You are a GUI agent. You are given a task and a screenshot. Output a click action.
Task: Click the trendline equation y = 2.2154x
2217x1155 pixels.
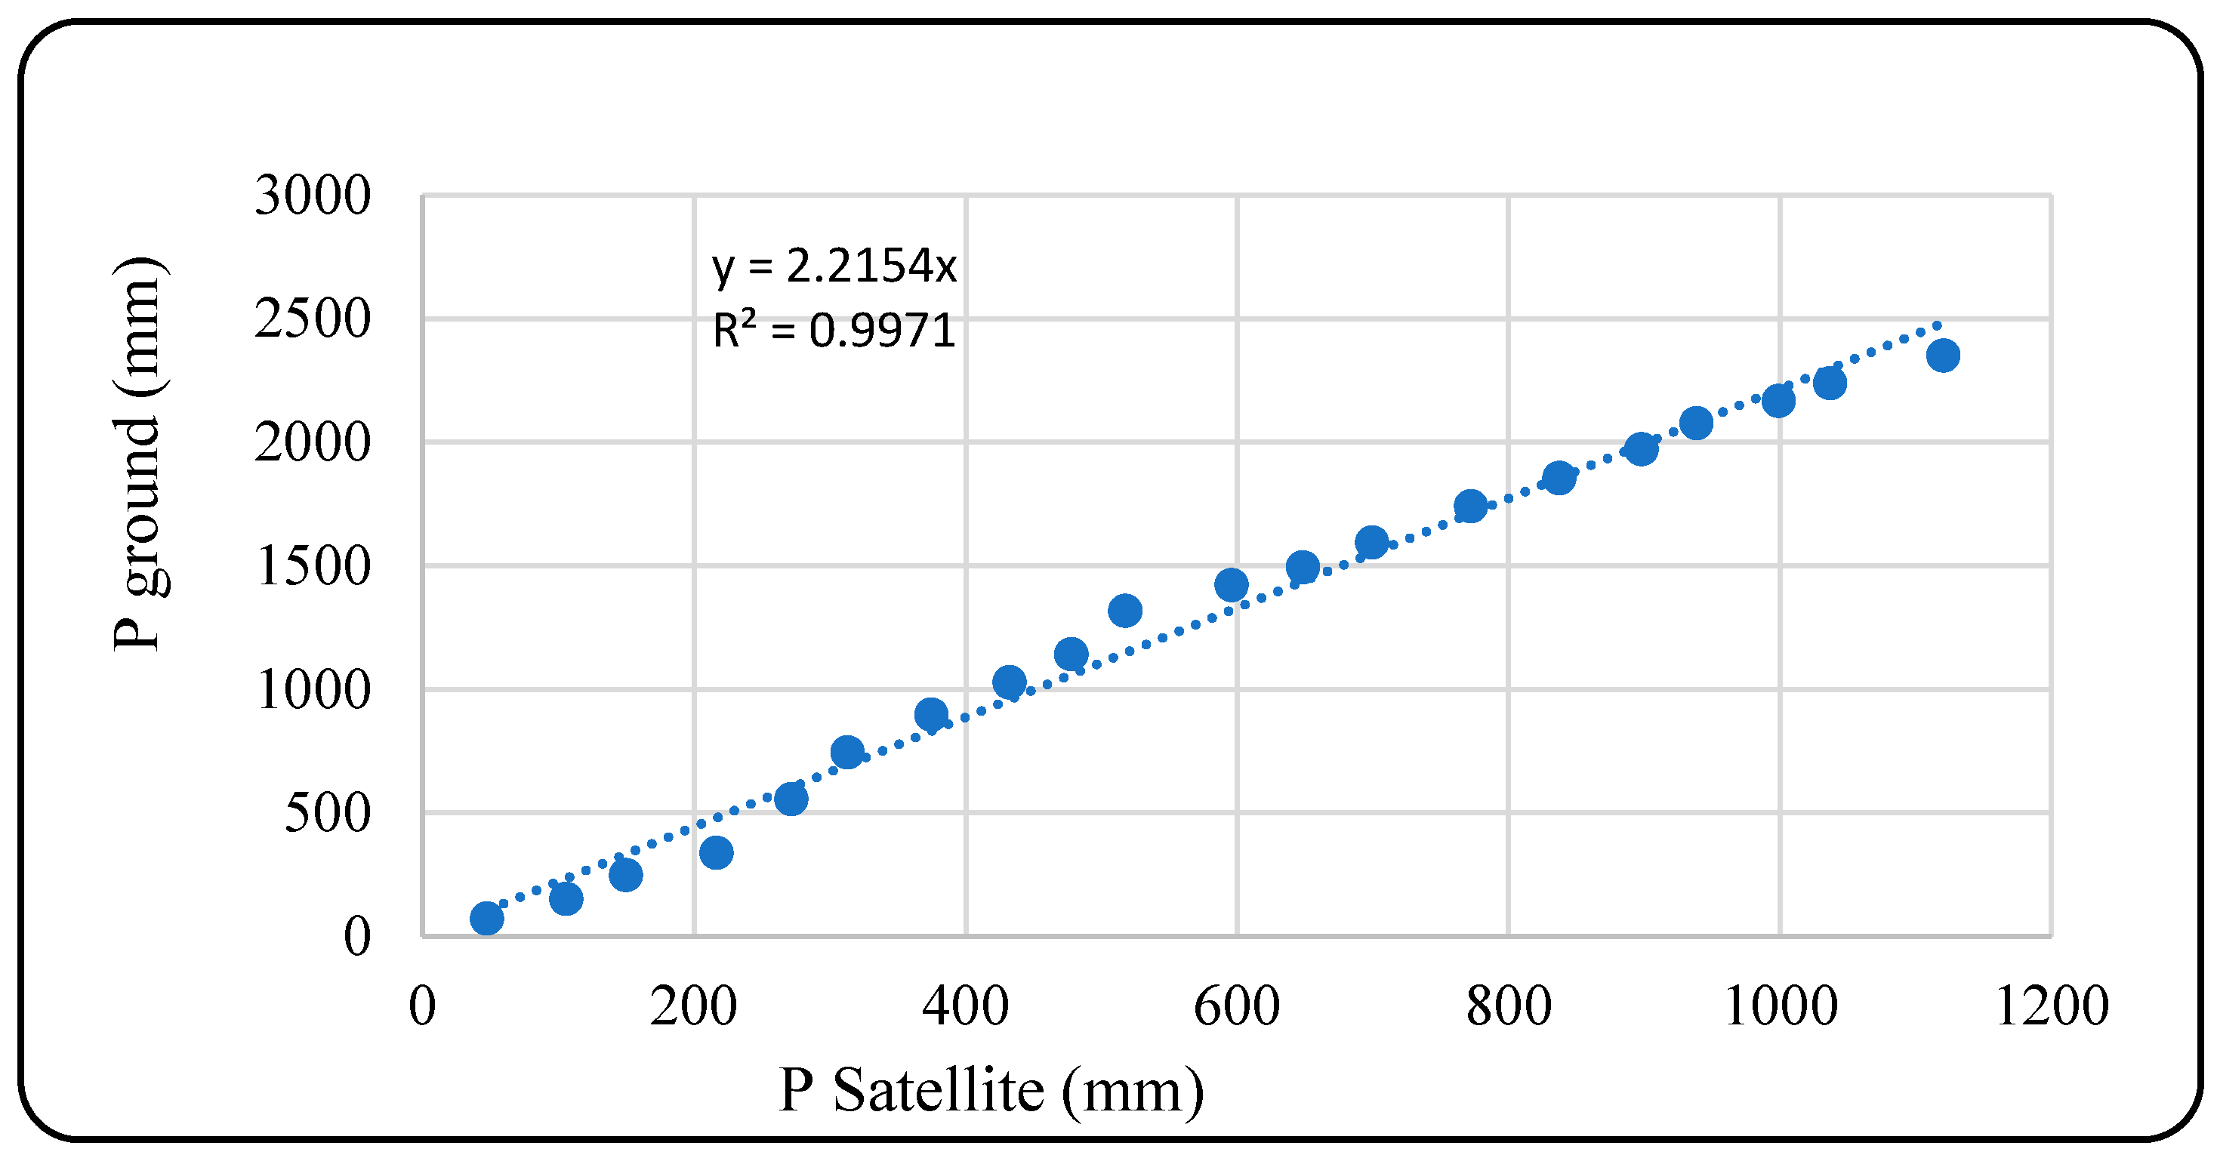pos(833,266)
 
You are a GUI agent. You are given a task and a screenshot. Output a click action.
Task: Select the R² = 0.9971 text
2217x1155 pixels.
pos(833,331)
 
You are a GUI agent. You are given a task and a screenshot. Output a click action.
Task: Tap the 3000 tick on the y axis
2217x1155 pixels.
pos(313,196)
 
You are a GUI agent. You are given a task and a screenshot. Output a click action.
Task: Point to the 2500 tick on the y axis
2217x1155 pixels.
pos(313,319)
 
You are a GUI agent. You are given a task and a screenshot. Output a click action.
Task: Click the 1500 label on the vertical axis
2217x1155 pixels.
pos(313,566)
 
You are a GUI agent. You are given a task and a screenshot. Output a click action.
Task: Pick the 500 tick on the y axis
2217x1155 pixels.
pos(327,812)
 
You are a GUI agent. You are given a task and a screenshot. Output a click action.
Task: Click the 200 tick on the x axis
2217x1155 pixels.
pos(693,1006)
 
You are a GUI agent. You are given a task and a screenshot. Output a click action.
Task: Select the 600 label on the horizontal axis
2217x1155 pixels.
pos(1236,1006)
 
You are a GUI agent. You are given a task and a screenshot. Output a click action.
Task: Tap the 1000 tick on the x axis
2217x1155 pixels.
pos(1780,1006)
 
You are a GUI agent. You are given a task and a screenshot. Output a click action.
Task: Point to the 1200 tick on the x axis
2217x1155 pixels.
pos(2051,1006)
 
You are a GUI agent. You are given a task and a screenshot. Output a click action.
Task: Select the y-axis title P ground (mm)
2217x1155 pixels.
pos(137,454)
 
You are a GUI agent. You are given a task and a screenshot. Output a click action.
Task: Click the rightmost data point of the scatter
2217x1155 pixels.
pos(1942,356)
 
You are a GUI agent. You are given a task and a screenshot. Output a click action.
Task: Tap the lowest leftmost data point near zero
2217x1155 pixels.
pos(486,918)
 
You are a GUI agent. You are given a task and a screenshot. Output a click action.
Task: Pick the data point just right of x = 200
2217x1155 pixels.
pos(716,853)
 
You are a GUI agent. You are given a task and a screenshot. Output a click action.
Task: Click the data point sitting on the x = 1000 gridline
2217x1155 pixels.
pos(1778,401)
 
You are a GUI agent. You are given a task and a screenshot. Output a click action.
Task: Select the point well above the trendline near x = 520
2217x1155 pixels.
pos(1125,611)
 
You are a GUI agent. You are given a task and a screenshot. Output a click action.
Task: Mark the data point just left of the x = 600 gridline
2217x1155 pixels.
pos(1231,585)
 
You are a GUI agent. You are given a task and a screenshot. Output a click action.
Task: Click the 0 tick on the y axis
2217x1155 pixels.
pos(357,936)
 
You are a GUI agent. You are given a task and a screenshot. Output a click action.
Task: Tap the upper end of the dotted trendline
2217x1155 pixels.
pos(1936,325)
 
